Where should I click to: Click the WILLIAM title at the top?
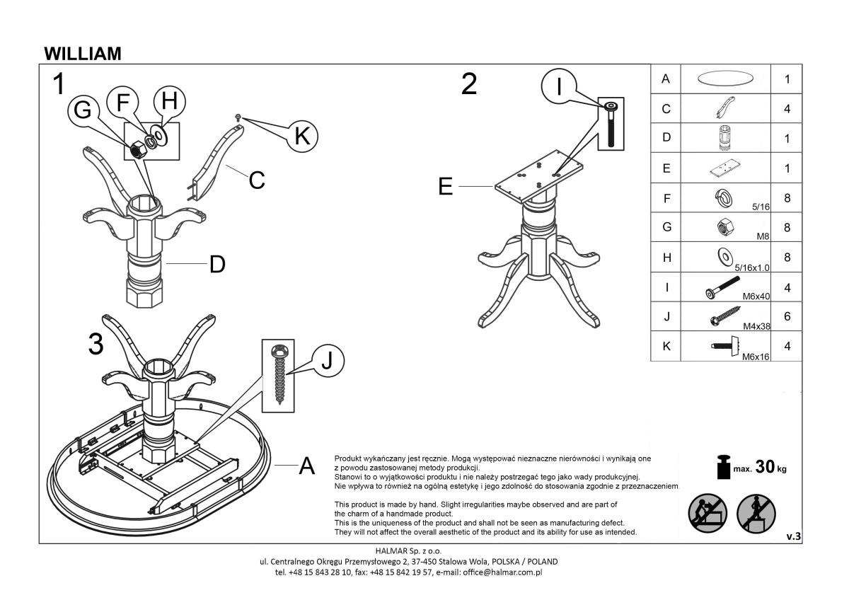click(x=82, y=54)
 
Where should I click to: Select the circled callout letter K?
click(x=302, y=137)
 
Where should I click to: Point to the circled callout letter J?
click(x=325, y=361)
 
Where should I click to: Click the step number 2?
click(x=468, y=84)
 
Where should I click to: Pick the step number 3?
click(x=96, y=345)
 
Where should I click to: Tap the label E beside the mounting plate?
click(x=445, y=186)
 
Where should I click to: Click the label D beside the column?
click(x=217, y=265)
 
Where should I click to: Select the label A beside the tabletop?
click(x=306, y=466)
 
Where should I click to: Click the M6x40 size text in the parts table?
click(x=756, y=296)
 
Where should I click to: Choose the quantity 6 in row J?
click(x=787, y=317)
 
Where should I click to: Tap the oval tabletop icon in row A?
click(x=724, y=79)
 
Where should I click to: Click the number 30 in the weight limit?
click(x=764, y=468)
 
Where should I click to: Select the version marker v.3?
click(x=793, y=537)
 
